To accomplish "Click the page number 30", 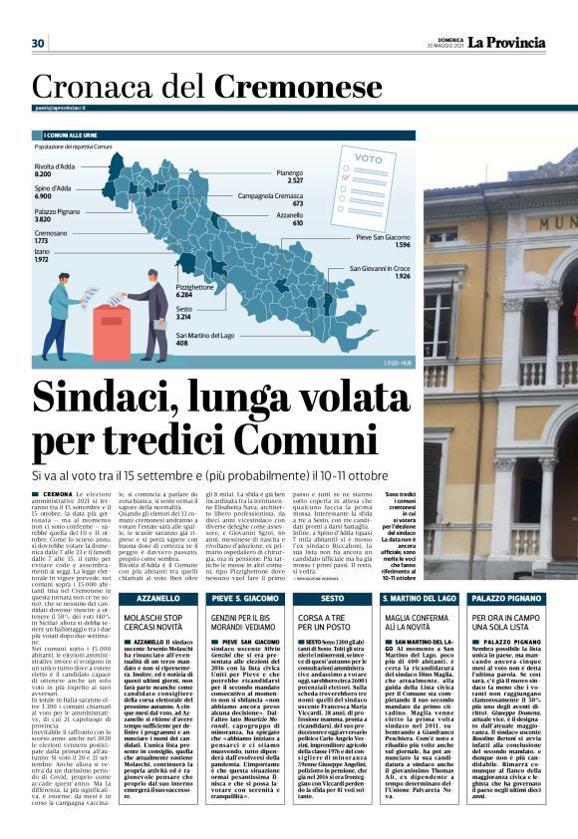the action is (39, 43).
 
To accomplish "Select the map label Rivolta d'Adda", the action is (55, 166).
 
